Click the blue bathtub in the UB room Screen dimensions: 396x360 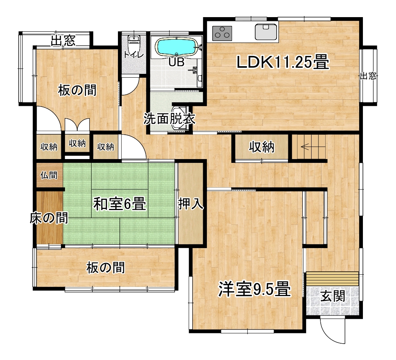pyautogui.click(x=177, y=47)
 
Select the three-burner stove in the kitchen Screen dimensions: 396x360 pyautogui.click(x=222, y=33)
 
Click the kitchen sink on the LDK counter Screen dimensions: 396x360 pyautogui.click(x=266, y=32)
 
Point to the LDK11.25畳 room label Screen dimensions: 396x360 pyautogui.click(x=283, y=62)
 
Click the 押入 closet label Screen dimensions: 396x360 pyautogui.click(x=191, y=204)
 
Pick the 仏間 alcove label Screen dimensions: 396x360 pyautogui.click(x=49, y=175)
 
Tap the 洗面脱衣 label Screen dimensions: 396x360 pyautogui.click(x=169, y=119)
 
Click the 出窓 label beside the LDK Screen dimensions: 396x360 pyautogui.click(x=368, y=76)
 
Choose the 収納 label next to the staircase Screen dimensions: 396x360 pyautogui.click(x=262, y=147)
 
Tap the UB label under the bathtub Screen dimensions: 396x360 pyautogui.click(x=176, y=62)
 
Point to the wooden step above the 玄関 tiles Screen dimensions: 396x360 pyautogui.click(x=332, y=279)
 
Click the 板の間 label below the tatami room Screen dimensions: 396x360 pyautogui.click(x=106, y=268)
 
